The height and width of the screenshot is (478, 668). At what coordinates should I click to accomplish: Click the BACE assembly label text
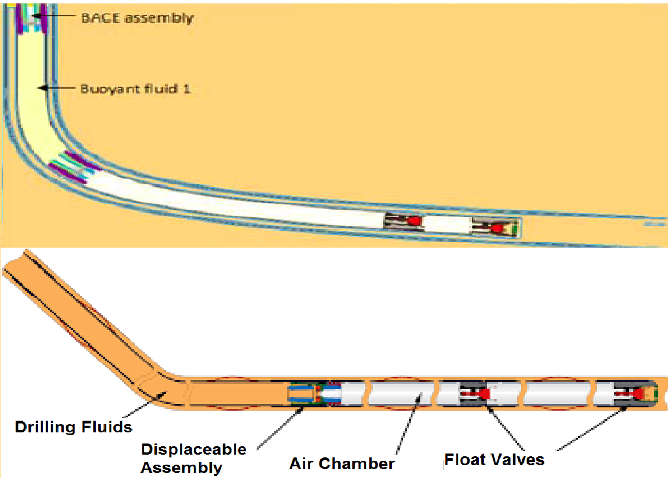[x=137, y=18]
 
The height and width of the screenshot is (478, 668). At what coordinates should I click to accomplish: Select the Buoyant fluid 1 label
[x=136, y=88]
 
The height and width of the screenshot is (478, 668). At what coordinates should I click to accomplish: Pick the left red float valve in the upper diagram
[x=414, y=221]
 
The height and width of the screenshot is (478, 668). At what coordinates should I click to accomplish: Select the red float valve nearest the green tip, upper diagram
[x=498, y=227]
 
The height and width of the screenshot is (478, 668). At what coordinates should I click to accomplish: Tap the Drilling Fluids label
[x=73, y=427]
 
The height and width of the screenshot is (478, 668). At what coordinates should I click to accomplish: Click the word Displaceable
[x=194, y=449]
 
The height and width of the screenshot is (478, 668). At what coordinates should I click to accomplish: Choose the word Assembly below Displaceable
[x=181, y=467]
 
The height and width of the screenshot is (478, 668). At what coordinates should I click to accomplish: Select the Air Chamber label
[x=342, y=463]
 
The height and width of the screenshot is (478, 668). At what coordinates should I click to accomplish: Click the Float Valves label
[x=494, y=460]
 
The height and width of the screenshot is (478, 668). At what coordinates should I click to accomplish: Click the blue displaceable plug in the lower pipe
[x=301, y=394]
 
